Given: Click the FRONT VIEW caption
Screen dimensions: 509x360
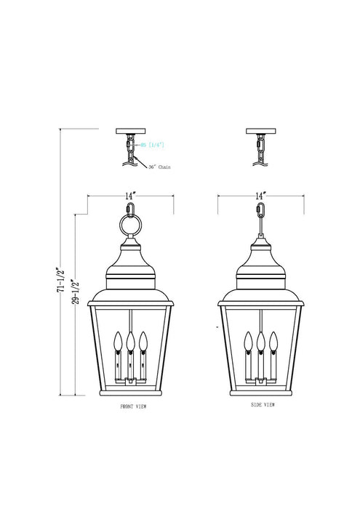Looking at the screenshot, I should [x=133, y=408].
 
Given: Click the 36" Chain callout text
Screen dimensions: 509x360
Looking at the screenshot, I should [x=159, y=167].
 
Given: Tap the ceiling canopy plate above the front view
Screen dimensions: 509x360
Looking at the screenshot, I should [x=130, y=132].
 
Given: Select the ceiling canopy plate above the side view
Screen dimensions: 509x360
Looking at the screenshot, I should [x=260, y=132].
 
